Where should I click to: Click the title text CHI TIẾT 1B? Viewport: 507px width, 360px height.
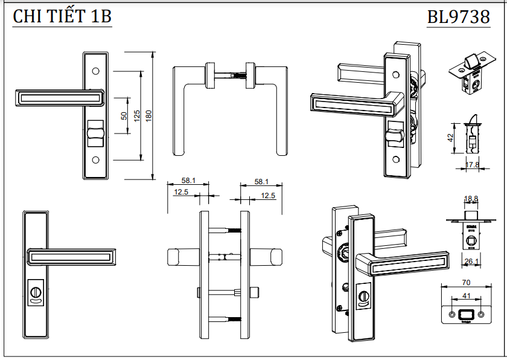pyautogui.click(x=62, y=17)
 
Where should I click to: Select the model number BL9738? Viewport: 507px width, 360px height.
pyautogui.click(x=458, y=17)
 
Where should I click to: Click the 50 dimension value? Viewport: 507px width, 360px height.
pyautogui.click(x=124, y=115)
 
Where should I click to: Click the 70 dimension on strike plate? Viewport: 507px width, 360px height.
pyautogui.click(x=465, y=282)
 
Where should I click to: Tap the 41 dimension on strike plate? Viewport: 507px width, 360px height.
pyautogui.click(x=465, y=297)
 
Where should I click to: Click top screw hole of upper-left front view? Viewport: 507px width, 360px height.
pyautogui.click(x=95, y=71)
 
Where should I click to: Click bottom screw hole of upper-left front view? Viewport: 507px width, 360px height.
pyautogui.click(x=95, y=161)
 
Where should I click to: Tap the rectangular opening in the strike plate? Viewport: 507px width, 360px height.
pyautogui.click(x=465, y=314)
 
